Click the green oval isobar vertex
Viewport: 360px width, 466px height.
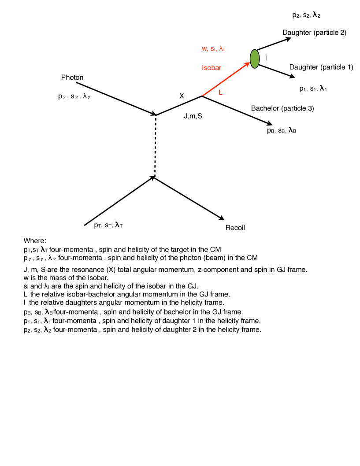(255, 59)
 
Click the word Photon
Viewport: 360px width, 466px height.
(72, 78)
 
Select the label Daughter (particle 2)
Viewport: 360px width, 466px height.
(314, 33)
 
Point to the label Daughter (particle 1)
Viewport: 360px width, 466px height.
(321, 67)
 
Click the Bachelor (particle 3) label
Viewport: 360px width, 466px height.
(282, 108)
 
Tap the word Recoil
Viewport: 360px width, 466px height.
(235, 228)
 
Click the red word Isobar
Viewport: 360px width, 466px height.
(212, 68)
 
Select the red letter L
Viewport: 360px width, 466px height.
(221, 92)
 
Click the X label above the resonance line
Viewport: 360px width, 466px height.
(182, 96)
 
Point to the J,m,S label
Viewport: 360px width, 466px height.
(196, 117)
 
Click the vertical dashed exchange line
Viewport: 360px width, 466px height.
(155, 145)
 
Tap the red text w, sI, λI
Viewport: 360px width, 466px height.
(214, 48)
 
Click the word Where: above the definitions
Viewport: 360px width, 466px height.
(35, 241)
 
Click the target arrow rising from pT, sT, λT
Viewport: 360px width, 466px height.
(119, 201)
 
